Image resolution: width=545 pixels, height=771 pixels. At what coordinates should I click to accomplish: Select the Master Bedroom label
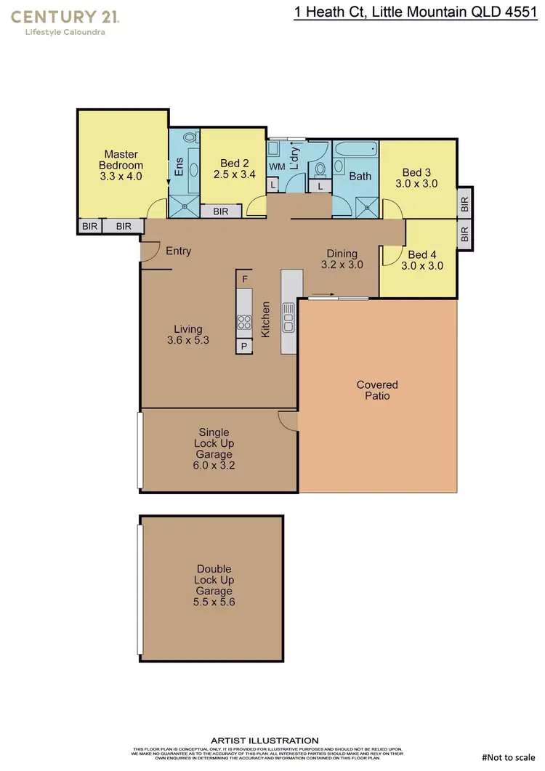(121, 160)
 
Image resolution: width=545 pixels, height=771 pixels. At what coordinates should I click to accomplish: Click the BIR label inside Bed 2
(221, 211)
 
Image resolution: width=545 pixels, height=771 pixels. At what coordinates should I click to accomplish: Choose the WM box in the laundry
(277, 166)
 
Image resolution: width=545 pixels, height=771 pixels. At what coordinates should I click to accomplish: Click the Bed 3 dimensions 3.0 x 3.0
(416, 185)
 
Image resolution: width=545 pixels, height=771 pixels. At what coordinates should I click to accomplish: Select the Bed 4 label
(422, 254)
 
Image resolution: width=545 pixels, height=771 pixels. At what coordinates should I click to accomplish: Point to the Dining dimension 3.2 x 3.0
(342, 265)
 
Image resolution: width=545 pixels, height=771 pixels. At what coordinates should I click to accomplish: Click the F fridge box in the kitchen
(245, 279)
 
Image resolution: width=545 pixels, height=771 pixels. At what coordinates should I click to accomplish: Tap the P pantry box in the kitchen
(244, 346)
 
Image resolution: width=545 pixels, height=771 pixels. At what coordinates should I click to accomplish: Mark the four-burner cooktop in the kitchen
(244, 322)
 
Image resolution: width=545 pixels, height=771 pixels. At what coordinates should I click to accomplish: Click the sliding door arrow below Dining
(321, 296)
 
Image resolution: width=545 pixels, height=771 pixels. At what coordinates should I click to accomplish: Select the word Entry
(179, 251)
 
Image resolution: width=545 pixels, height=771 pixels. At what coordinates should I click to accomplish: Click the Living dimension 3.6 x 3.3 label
(188, 339)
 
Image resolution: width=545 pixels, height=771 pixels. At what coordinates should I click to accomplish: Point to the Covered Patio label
(377, 390)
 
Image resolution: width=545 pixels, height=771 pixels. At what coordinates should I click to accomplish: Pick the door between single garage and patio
(288, 420)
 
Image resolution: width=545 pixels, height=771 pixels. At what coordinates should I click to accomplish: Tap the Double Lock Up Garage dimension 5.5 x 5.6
(214, 602)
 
